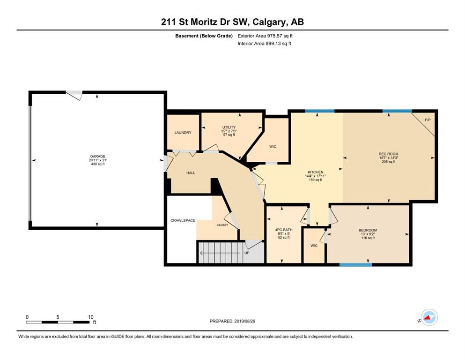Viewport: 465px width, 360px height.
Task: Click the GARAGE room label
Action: click(97, 157)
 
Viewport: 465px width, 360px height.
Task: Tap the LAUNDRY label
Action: click(183, 133)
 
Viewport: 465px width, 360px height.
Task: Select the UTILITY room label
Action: click(229, 127)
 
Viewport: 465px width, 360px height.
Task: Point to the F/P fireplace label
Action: click(428, 120)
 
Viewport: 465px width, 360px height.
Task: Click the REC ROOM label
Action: click(389, 154)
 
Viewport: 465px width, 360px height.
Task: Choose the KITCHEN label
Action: click(316, 172)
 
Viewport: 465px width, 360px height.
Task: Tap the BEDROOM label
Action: click(368, 230)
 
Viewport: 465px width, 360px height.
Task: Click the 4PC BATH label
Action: click(284, 230)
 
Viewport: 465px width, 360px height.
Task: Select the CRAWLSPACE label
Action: click(183, 220)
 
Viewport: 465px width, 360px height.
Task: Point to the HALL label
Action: click(191, 172)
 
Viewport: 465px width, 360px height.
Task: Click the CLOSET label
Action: click(222, 225)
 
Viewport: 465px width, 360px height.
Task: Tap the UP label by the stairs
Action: click(247, 253)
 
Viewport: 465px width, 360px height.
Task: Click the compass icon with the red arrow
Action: click(429, 317)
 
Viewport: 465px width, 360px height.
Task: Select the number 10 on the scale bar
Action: click(91, 317)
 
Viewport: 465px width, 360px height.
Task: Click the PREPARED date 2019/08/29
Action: click(244, 321)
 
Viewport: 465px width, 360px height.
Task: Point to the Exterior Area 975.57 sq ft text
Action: click(265, 36)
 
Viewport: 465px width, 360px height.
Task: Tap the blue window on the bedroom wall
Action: click(355, 265)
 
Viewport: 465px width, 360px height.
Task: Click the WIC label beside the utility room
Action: click(273, 147)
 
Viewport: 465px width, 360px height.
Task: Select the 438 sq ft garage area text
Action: click(98, 164)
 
